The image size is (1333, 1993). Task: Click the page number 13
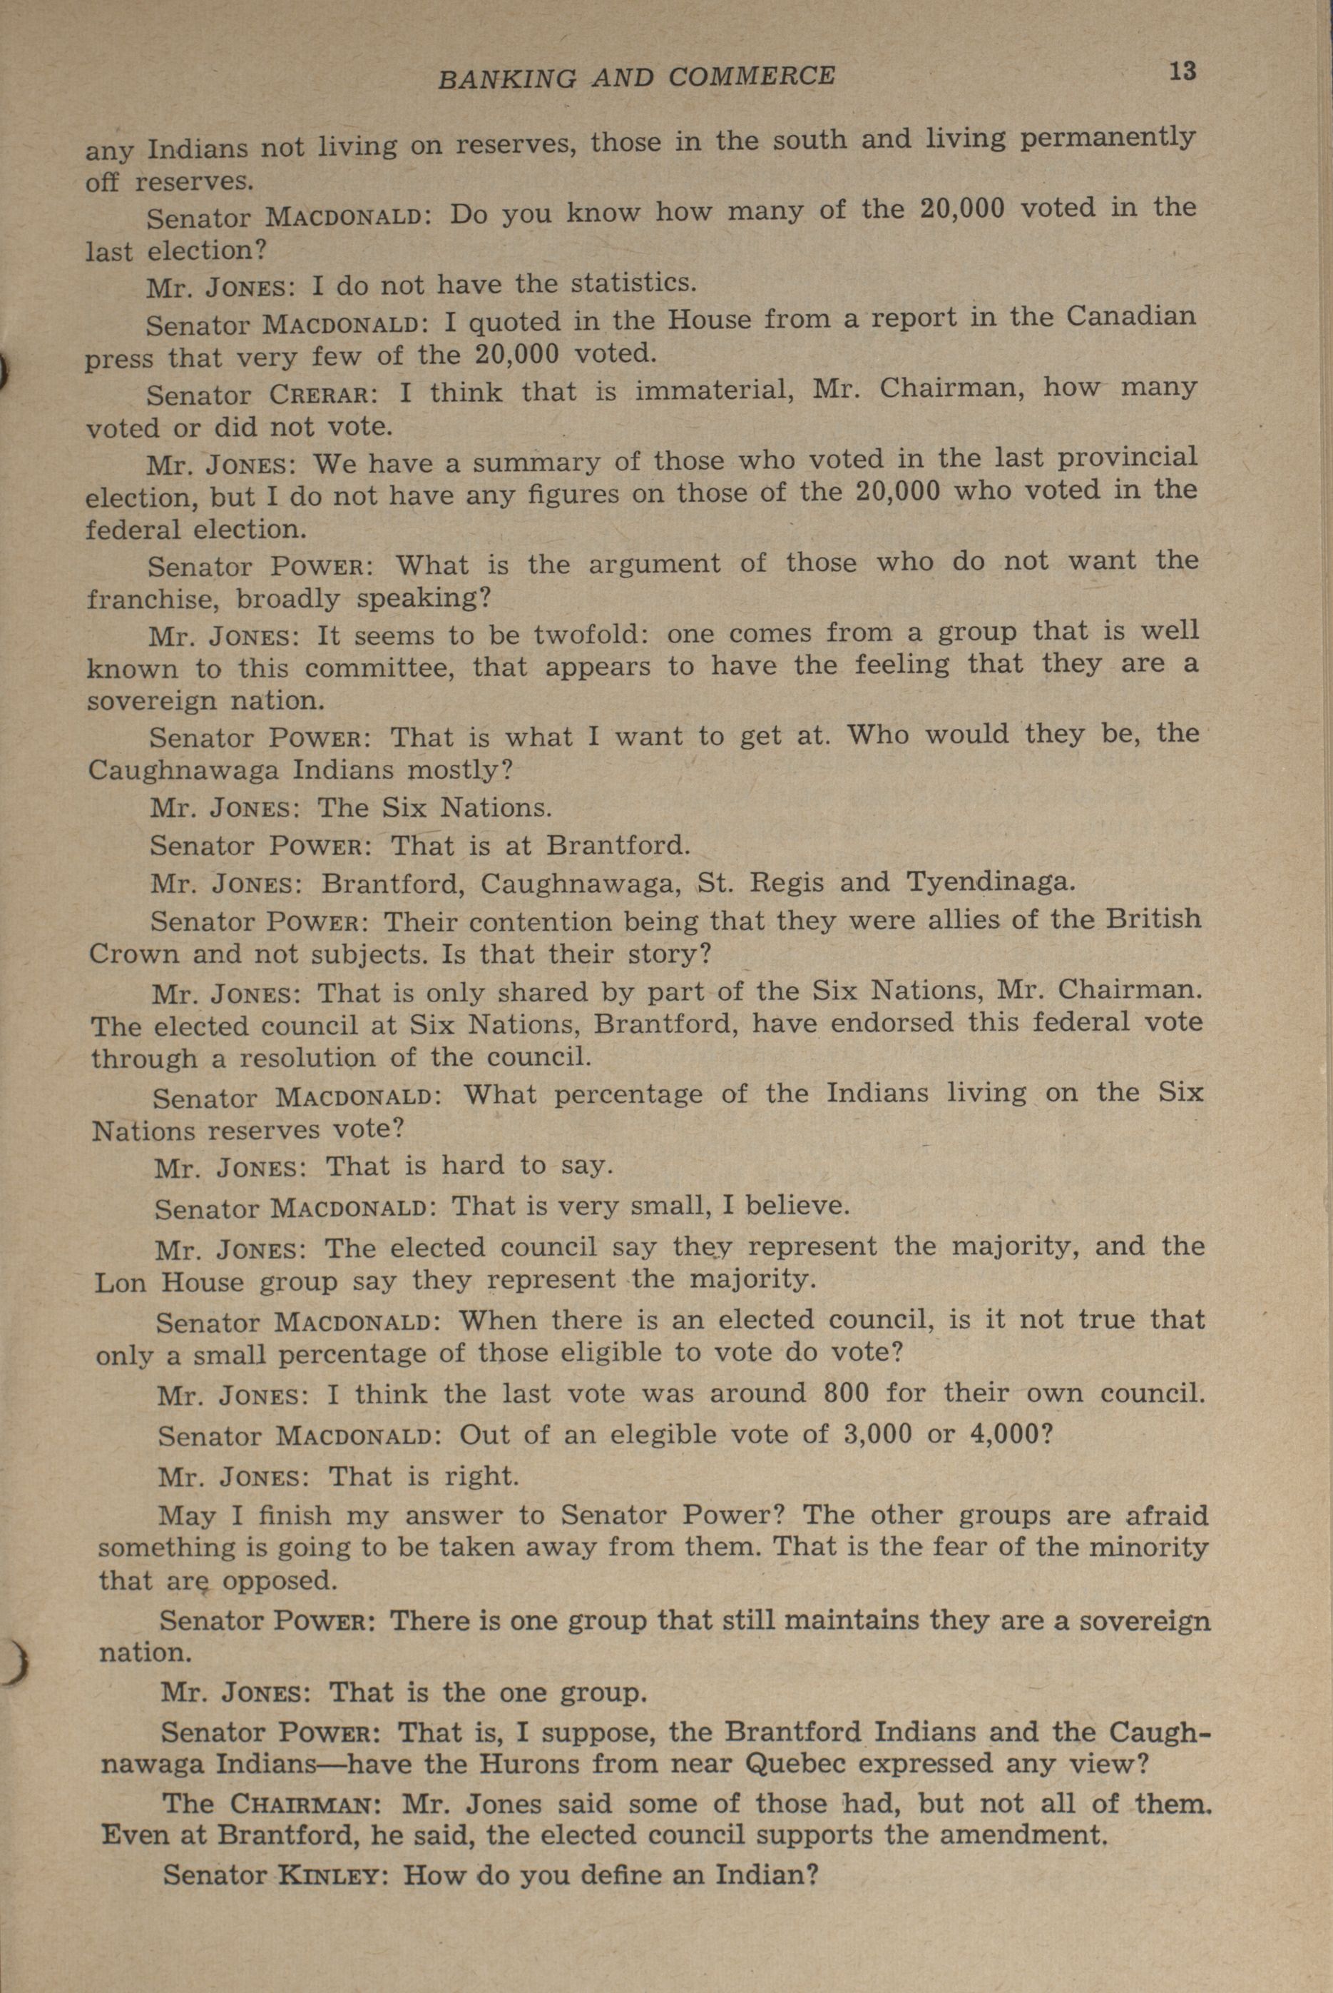tap(1182, 71)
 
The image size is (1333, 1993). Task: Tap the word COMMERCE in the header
tap(752, 76)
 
